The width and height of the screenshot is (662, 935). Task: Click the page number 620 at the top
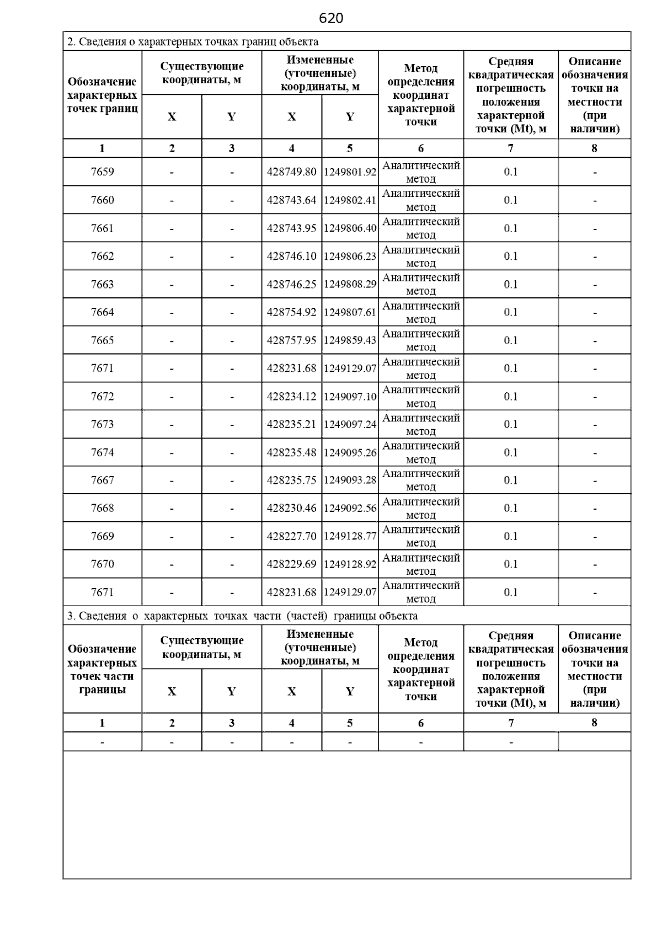[331, 19]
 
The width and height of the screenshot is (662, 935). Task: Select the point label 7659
[102, 172]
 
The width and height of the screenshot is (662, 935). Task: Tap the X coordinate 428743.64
[291, 200]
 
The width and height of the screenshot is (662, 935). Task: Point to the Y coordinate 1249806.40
[350, 228]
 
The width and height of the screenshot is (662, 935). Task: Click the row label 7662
[102, 257]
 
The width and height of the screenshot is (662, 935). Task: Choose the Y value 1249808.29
[350, 285]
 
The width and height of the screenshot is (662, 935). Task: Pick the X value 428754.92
[291, 312]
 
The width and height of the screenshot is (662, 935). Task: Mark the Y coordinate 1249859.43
[350, 340]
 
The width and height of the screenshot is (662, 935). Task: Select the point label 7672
[102, 397]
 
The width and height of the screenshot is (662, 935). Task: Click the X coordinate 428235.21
[291, 424]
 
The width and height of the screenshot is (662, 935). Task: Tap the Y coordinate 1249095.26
[350, 453]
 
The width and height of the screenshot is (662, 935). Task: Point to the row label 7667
[102, 480]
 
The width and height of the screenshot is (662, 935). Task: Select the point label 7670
[102, 564]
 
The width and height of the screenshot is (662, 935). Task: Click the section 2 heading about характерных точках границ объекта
[193, 42]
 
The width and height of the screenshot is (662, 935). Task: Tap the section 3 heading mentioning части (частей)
[242, 616]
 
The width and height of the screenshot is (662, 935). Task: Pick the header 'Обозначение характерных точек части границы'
[102, 669]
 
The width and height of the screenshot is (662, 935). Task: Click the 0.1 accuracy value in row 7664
[511, 312]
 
